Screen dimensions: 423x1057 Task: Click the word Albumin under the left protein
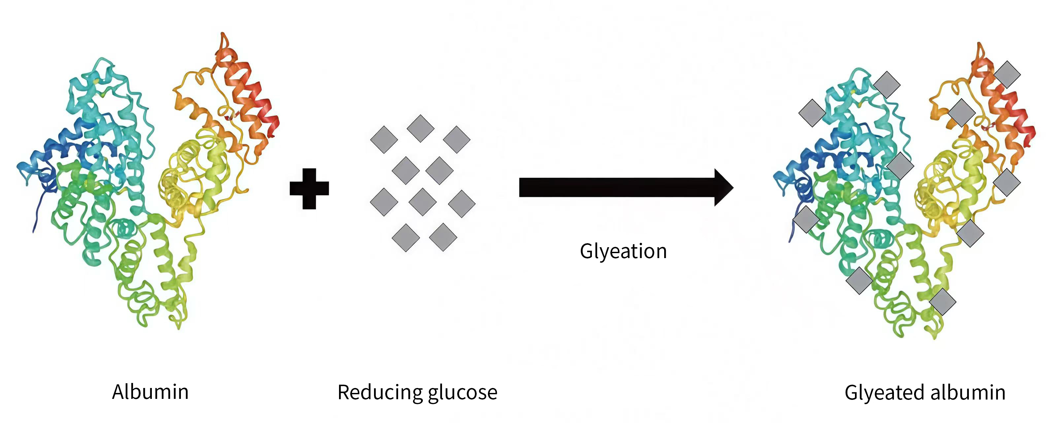pos(150,392)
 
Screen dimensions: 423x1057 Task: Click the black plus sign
pos(309,189)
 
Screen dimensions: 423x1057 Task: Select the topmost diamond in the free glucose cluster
pos(420,129)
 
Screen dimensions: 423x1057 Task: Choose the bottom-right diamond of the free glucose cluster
pos(443,237)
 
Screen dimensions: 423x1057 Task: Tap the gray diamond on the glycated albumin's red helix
pos(1007,74)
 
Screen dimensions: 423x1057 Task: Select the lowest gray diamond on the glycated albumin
pos(942,302)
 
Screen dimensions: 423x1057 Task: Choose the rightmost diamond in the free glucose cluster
pos(461,203)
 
